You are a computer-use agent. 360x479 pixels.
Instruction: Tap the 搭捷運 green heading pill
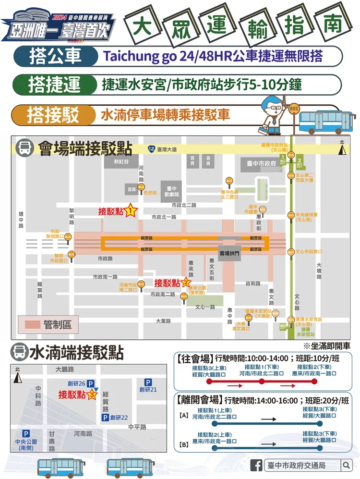54,85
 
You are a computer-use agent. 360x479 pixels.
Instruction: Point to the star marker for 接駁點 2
185,283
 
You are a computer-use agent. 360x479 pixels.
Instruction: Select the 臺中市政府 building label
262,164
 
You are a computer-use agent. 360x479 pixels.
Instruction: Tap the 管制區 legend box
48,325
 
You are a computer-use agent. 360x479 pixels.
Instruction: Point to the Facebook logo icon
257,465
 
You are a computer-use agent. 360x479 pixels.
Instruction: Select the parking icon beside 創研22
105,418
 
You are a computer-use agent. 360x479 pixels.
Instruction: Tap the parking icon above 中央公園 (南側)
26,433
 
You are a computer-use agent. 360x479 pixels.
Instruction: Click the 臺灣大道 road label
166,149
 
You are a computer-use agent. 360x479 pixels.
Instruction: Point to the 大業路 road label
163,321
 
